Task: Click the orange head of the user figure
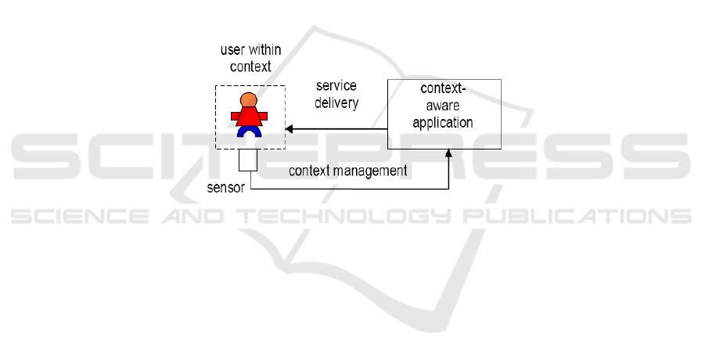coord(248,100)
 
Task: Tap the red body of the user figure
coord(250,117)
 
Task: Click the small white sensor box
coord(248,160)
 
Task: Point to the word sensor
coord(225,189)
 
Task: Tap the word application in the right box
coord(443,122)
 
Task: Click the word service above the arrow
coord(336,85)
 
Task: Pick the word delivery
coord(336,103)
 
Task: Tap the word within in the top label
coord(266,51)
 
